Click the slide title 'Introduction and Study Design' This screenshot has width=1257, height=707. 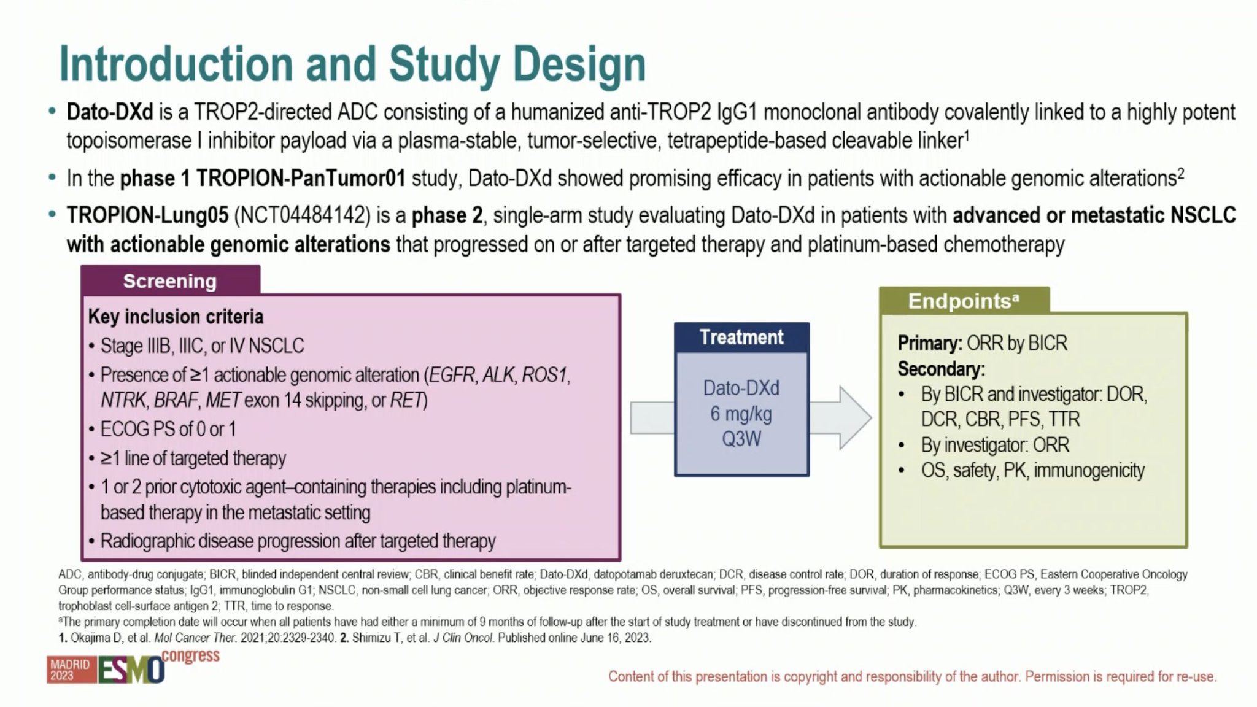352,64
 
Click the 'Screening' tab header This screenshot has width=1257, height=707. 170,280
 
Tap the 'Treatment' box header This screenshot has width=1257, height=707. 741,337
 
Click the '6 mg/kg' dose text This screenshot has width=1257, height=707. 741,414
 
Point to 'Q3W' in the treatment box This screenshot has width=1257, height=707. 741,439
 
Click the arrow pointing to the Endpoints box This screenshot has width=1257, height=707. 840,417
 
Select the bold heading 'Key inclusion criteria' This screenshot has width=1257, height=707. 176,316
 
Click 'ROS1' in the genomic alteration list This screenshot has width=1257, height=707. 544,374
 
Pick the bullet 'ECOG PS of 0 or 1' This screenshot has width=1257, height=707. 168,429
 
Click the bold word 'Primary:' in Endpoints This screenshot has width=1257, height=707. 930,343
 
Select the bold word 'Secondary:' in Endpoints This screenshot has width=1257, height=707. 941,369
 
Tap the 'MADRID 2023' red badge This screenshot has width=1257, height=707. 70,670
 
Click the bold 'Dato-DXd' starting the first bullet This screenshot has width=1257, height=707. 109,112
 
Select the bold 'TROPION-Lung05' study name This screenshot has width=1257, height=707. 147,215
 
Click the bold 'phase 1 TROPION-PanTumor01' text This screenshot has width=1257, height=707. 263,179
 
